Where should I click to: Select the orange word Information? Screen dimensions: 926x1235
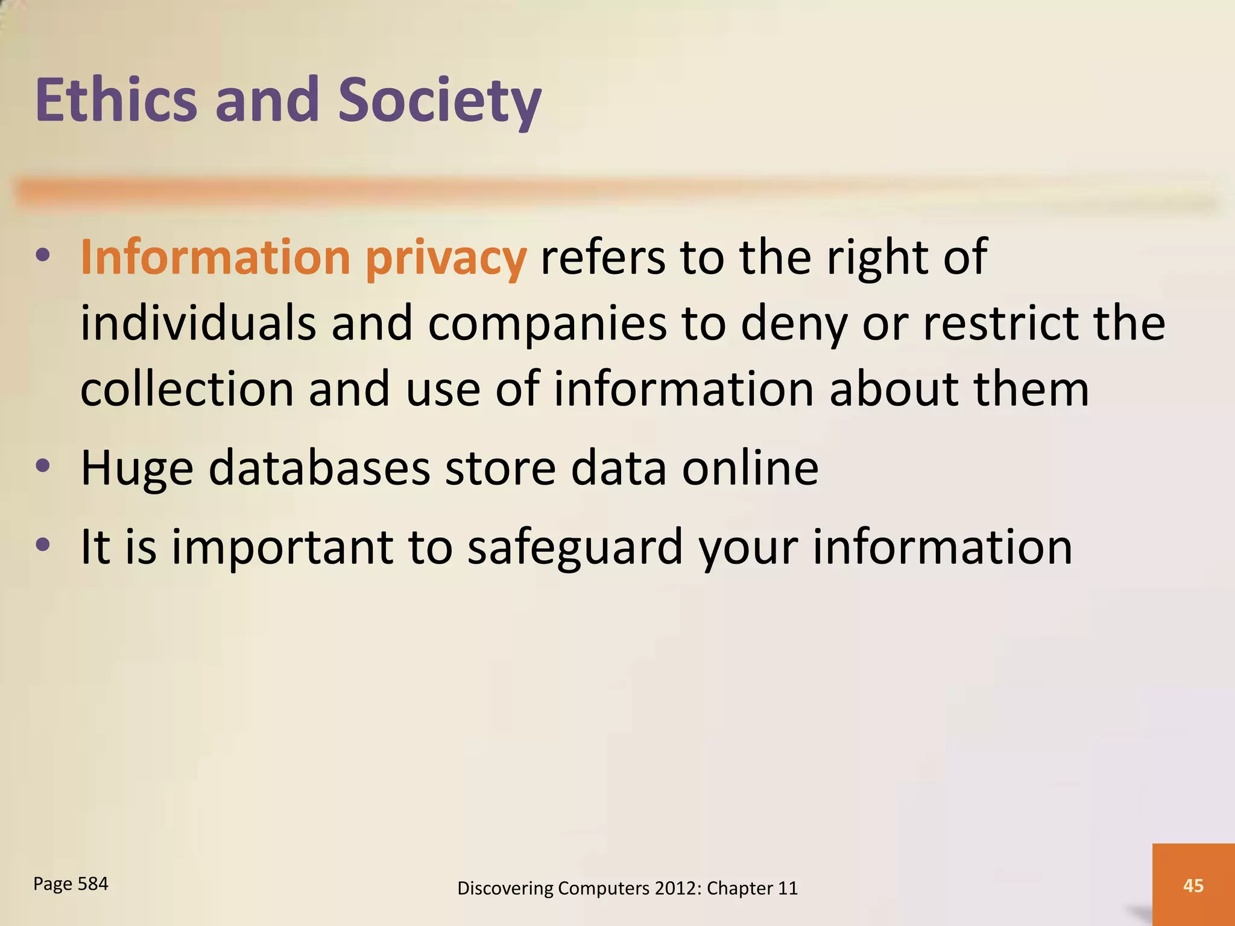point(215,257)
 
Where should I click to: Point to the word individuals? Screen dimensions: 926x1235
point(198,323)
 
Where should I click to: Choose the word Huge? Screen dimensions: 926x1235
point(137,469)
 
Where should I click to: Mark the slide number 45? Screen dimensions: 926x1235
point(1193,885)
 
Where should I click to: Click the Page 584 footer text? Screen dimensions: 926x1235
point(71,884)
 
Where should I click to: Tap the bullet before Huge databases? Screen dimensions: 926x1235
point(42,466)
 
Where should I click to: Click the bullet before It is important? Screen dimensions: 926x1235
point(42,545)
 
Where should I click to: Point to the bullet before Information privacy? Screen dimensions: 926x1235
point(42,255)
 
